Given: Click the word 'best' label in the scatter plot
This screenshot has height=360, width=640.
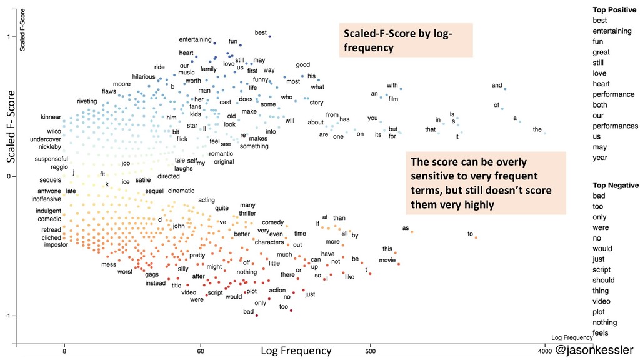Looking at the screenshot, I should [261, 32].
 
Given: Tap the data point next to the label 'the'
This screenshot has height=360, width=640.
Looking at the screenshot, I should [545, 133].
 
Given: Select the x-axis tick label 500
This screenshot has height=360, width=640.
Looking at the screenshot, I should [370, 351].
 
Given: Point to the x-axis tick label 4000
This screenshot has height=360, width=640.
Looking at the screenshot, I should [544, 351].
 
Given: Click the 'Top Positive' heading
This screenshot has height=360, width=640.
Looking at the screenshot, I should [616, 10].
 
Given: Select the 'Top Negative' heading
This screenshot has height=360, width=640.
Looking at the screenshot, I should [616, 186].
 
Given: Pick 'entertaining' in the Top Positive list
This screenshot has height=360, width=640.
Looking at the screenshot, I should [612, 31].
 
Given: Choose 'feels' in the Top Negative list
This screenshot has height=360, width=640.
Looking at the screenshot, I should [601, 333].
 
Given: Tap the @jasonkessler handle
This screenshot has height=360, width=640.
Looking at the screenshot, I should [594, 350].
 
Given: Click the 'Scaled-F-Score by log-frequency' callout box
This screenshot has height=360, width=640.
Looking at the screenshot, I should [405, 40].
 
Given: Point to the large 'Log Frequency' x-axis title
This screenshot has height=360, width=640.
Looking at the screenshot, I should [296, 351].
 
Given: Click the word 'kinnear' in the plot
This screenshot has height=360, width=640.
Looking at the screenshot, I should [51, 117].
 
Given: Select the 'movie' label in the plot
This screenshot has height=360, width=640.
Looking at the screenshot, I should [387, 260].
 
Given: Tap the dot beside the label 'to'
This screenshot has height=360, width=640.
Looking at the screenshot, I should [476, 237].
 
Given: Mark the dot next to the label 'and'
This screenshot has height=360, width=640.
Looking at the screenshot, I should [505, 89].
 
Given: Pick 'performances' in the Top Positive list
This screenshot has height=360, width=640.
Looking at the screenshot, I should [615, 126].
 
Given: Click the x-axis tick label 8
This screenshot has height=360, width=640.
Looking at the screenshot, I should [64, 351].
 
